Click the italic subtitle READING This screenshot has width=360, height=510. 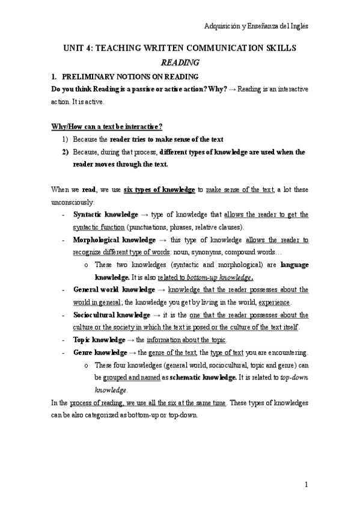coord(180,61)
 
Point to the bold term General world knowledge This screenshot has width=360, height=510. coord(111,290)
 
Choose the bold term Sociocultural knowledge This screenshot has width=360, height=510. coord(111,315)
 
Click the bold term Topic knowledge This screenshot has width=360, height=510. coord(99,340)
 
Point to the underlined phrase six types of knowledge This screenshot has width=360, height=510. coord(159,189)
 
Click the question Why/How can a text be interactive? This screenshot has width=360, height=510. coord(99,127)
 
